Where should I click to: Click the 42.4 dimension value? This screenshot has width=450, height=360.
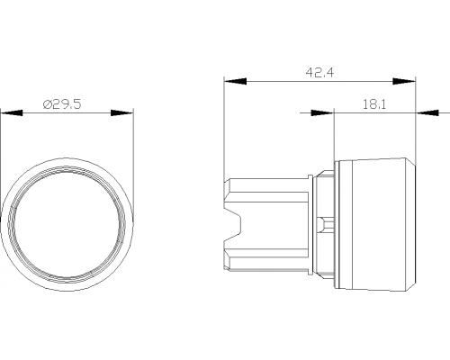point(319,73)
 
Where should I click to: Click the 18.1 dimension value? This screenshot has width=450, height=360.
point(374,104)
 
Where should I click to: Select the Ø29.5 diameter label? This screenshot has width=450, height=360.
point(62,104)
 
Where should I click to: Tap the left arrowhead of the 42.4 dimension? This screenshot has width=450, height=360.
point(235,81)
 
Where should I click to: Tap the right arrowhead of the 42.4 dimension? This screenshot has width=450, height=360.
point(404,81)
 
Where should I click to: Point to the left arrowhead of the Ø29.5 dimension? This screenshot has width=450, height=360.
point(12,113)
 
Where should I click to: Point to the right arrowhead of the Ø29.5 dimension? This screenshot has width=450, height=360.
point(121,113)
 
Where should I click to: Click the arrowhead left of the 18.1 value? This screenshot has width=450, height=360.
point(322,113)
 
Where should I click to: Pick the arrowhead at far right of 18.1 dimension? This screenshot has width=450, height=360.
point(427,113)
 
